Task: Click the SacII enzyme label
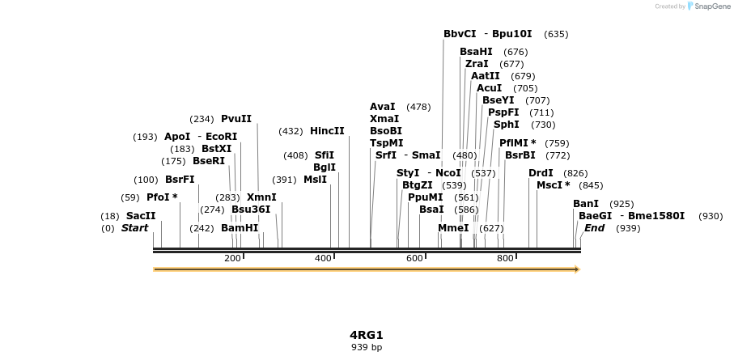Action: coord(141,216)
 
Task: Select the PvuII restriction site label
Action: coord(236,119)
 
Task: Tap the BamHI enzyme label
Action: coord(240,228)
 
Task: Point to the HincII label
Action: coord(327,131)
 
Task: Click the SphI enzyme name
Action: coord(507,125)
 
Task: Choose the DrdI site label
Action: coord(541,173)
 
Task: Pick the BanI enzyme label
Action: coord(586,204)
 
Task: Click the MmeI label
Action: coord(453,228)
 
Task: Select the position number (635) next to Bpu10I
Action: coord(557,34)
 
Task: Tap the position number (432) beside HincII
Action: coord(291,131)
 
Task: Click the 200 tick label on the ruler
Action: coord(232,258)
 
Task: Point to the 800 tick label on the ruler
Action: coord(506,258)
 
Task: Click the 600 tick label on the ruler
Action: coord(414,258)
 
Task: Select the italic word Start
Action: coord(135,228)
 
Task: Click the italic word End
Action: coord(595,228)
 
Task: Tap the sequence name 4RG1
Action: coord(367,335)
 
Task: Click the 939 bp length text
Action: coord(367,347)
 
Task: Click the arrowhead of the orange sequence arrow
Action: coord(577,269)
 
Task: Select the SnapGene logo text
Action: coord(711,6)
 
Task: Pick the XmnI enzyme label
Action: coord(261,197)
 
